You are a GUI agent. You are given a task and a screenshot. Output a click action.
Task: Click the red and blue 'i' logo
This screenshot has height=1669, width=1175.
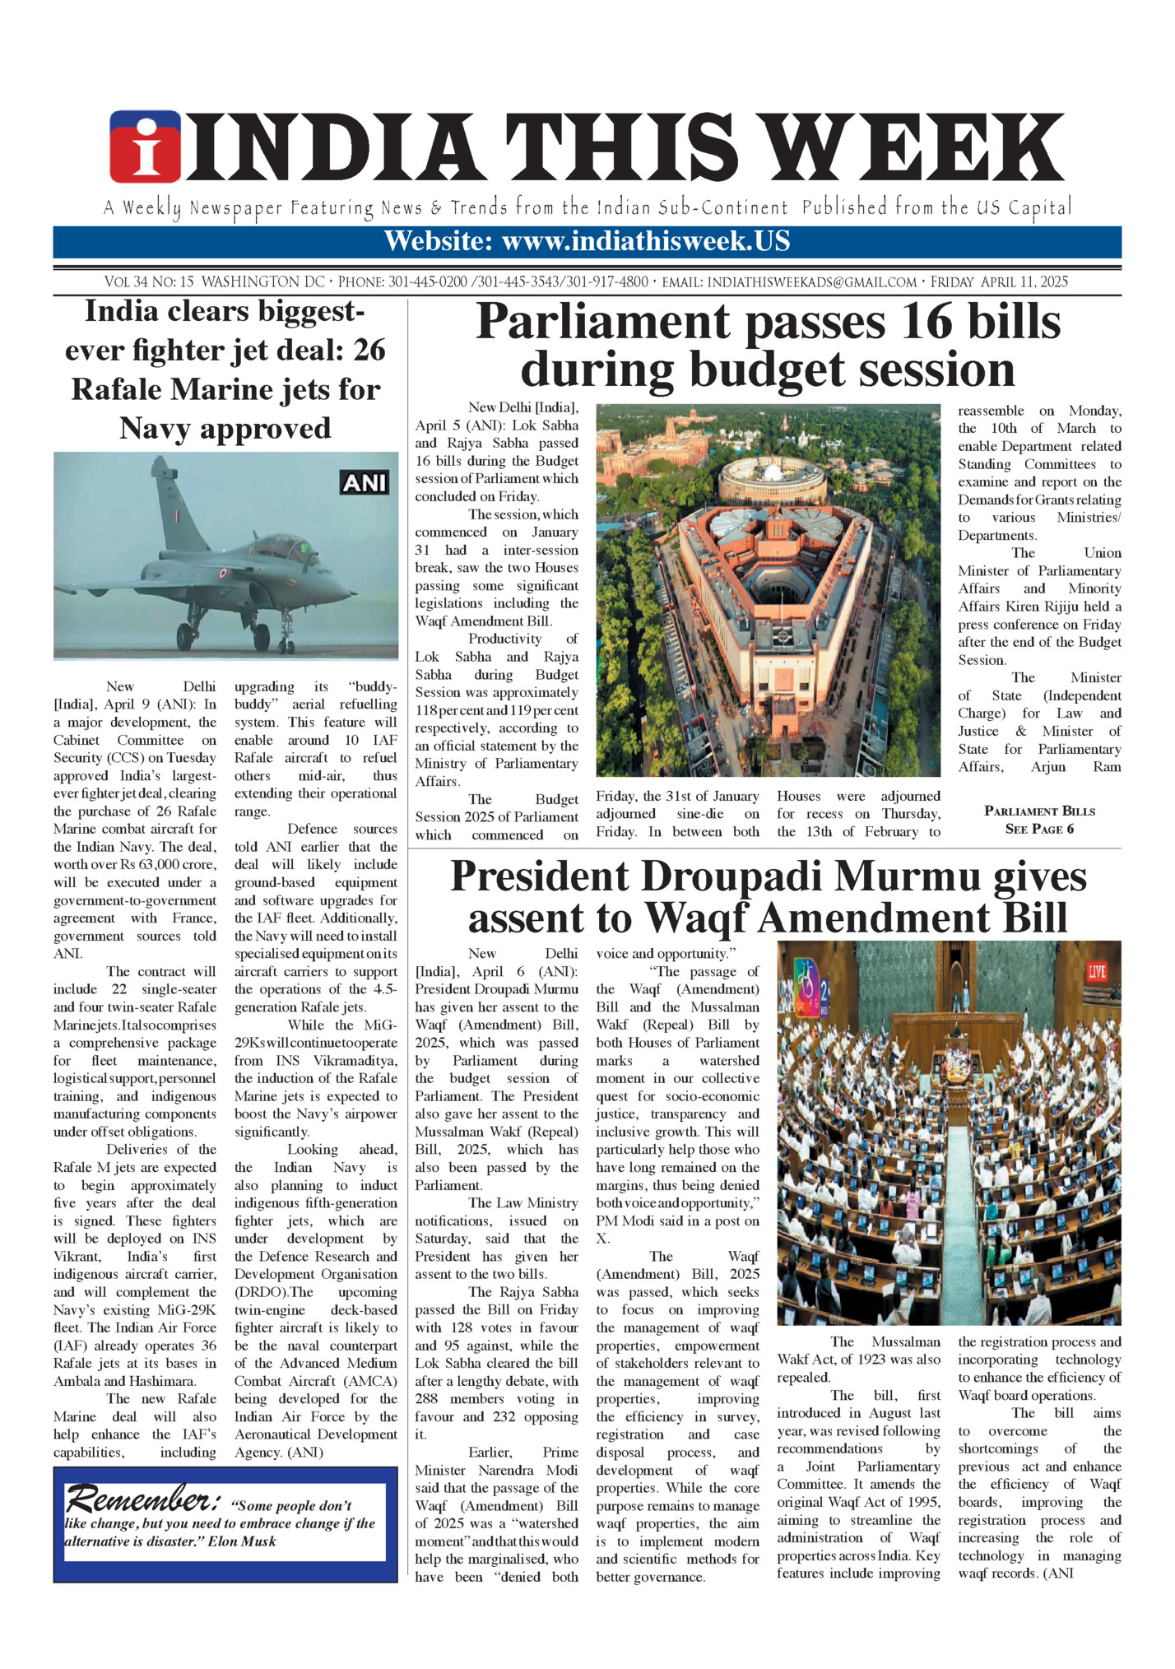145,147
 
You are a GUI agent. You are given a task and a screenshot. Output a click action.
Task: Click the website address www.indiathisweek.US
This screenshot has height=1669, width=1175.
645,242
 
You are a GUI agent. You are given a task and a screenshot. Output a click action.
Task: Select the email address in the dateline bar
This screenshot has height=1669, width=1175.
811,282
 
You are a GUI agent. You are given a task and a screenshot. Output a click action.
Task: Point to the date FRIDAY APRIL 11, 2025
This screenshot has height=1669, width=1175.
999,282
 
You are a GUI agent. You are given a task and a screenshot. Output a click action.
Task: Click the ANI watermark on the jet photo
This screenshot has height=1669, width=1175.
365,482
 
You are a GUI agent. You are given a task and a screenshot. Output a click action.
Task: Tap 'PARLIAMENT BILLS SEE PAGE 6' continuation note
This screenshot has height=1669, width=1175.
1039,820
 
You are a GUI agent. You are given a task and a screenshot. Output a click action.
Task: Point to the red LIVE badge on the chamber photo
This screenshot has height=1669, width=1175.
1096,972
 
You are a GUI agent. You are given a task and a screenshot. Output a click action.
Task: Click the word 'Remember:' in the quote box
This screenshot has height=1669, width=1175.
142,1499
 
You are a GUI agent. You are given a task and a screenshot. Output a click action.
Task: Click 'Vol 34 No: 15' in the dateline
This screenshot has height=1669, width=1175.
149,282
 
